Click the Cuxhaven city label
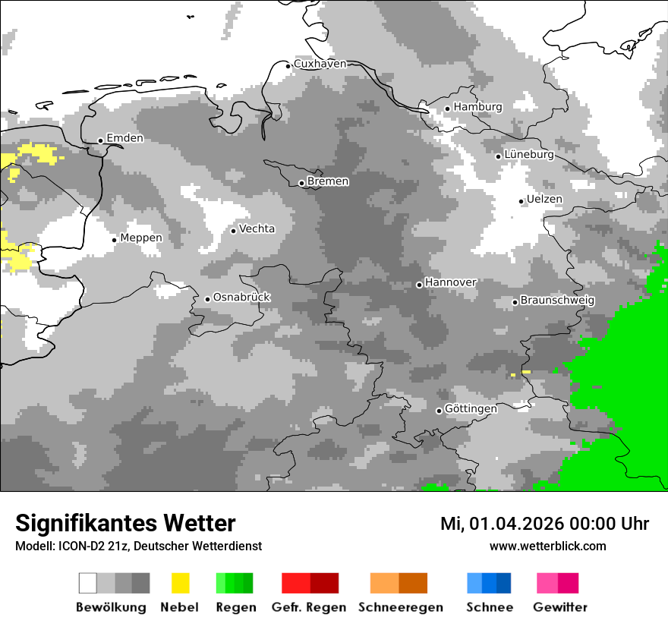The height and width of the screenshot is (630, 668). (320, 65)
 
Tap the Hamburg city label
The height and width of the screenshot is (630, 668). (477, 107)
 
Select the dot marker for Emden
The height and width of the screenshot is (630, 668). (100, 140)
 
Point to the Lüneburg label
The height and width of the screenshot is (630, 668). (528, 155)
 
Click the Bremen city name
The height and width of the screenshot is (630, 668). (328, 181)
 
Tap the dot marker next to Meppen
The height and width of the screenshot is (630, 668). (114, 240)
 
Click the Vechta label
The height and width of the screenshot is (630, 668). (257, 229)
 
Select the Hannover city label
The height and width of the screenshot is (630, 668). (450, 282)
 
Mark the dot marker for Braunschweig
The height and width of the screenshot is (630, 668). (515, 302)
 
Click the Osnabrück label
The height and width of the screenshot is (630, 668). (241, 298)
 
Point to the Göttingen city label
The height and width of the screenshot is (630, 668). (471, 409)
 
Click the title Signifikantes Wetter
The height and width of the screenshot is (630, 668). (125, 523)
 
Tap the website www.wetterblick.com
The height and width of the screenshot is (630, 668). (547, 547)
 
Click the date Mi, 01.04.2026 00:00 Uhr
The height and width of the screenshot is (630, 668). (544, 524)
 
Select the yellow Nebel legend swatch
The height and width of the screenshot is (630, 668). (180, 583)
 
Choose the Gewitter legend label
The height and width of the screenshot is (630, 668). (559, 607)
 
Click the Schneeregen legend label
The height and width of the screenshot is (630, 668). (400, 607)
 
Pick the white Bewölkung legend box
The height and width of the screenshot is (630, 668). (88, 583)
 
